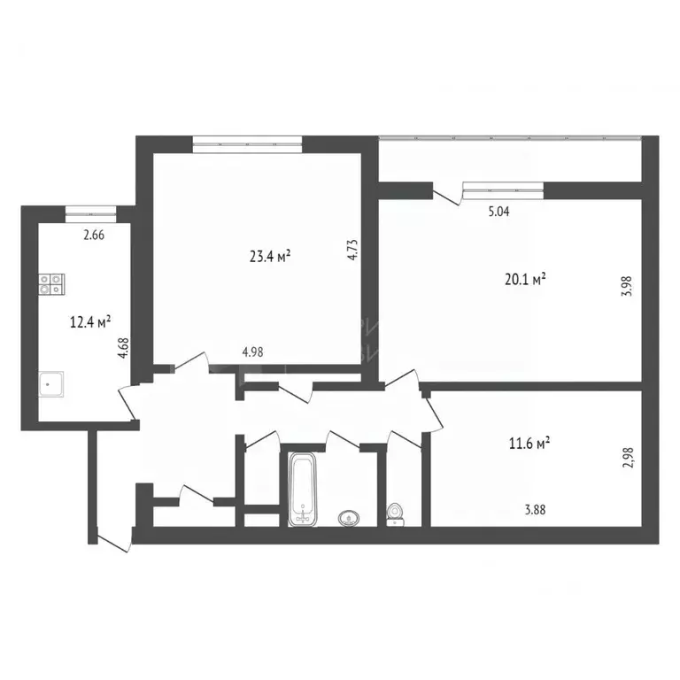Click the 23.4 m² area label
pos(271,257)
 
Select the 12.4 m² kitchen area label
pos(89,323)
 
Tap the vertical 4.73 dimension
pos(352,249)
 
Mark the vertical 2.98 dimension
pos(628,457)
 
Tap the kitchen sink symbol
pos(51,385)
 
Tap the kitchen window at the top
pos(89,211)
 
